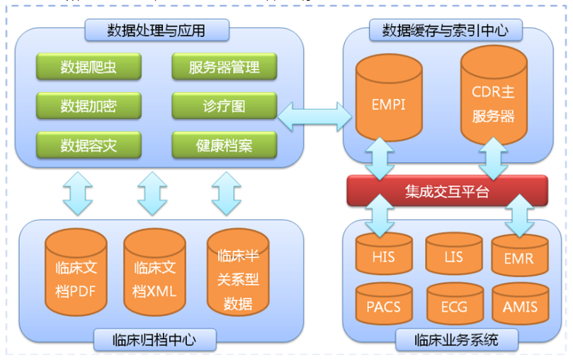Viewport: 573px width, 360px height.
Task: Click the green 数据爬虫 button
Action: coord(89,67)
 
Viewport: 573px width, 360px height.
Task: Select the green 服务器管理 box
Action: coord(225,67)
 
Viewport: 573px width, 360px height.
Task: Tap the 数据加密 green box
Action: coord(89,106)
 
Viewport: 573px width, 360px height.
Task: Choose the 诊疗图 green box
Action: coord(225,106)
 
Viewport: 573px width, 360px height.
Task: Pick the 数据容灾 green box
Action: coord(89,145)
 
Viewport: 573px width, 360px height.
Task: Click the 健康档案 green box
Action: coord(225,145)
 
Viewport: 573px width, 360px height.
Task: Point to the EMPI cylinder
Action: coord(389,98)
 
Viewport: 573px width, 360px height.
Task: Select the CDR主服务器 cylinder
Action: coord(494,96)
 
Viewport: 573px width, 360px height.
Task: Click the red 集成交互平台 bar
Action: coord(448,191)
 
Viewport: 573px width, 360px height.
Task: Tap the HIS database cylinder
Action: coord(384,254)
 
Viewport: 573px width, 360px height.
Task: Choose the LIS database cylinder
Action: coord(454,254)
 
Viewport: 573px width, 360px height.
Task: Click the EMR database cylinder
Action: coord(520,255)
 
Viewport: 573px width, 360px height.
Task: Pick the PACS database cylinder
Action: coord(384,304)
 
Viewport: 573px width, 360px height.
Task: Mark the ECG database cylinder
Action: coord(455,304)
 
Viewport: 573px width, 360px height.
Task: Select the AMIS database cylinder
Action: coord(521,304)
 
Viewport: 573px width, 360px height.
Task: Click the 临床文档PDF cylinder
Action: coord(76,272)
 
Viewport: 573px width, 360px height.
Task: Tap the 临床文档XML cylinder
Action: coord(154,272)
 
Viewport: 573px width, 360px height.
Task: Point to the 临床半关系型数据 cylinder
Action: coord(238,272)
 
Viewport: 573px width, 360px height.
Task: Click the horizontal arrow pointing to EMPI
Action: coord(314,117)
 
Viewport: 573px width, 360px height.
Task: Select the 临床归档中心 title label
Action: coord(154,340)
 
